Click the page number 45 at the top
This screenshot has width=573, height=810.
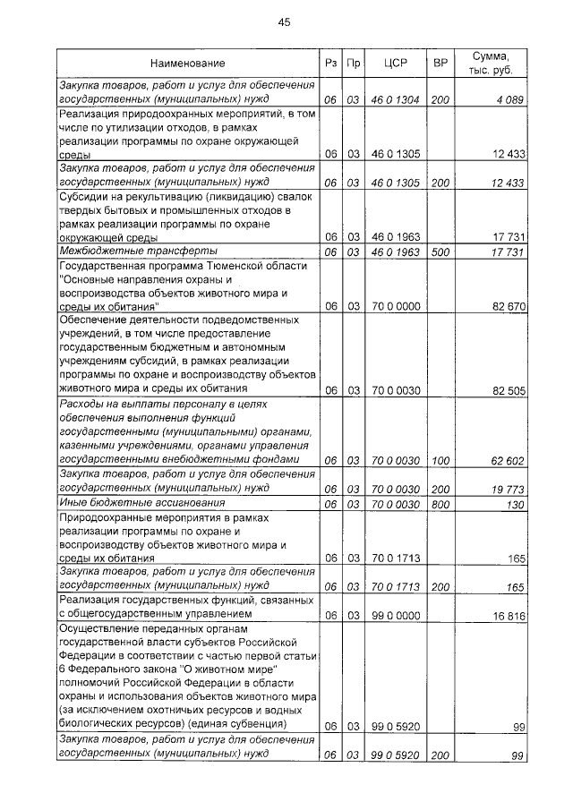[285, 21]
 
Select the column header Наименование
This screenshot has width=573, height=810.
[187, 64]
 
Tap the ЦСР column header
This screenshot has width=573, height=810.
[395, 64]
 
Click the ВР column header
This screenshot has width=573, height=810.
[440, 64]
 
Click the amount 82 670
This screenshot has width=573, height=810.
[504, 306]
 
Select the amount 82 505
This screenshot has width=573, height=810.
[504, 390]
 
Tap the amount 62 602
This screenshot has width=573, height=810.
[505, 461]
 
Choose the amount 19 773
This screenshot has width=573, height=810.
[505, 490]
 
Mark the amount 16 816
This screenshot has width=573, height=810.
[505, 616]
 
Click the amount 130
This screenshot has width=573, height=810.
[514, 504]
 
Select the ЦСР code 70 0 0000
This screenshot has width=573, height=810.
[395, 306]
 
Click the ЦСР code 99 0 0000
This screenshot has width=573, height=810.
[395, 616]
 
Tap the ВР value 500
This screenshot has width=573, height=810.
[440, 252]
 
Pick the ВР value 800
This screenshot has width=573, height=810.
[440, 504]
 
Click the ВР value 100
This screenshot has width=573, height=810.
[440, 461]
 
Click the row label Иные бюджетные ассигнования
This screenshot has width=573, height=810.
[140, 504]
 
